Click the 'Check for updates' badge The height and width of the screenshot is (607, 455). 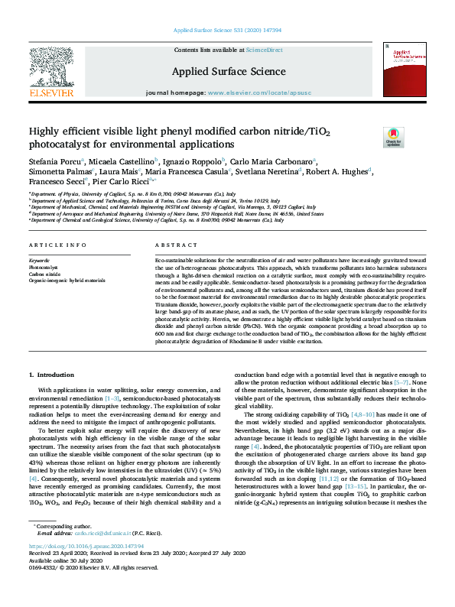coord(392,137)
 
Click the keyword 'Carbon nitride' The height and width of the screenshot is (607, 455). coord(43,274)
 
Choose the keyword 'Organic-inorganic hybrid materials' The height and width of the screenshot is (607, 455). coord(67,281)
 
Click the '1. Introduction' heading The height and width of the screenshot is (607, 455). coord(50,375)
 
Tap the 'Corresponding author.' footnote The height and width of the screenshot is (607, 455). coord(60,548)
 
